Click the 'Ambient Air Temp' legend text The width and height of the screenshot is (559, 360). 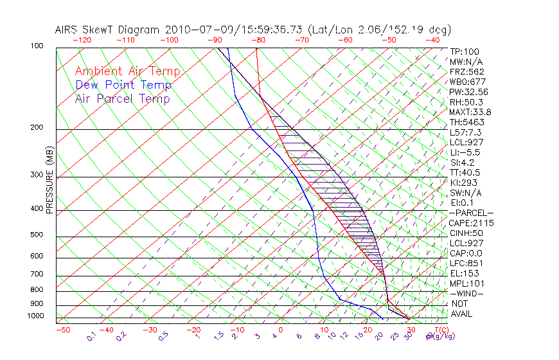point(127,72)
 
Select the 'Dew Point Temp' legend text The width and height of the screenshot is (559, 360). point(123,85)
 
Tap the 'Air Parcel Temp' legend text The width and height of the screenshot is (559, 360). point(122,99)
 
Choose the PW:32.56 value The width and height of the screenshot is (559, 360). point(468,92)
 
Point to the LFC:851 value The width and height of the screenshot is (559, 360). point(466,264)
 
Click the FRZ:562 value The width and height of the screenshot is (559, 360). point(466,72)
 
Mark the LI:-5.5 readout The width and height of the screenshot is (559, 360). point(465,152)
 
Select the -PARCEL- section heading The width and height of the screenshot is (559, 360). point(472,213)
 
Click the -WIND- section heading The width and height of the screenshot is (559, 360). point(467,294)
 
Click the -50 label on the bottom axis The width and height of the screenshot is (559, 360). point(62,330)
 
